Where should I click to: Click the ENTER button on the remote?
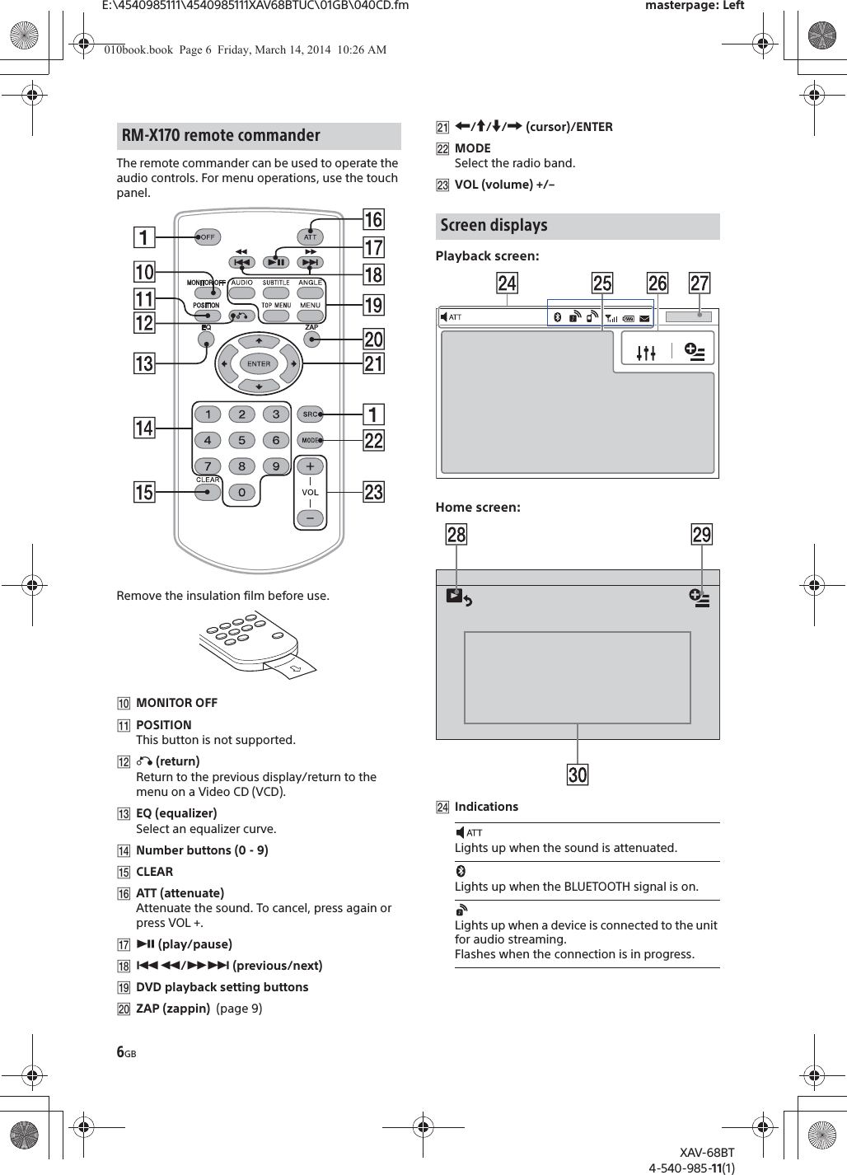tap(259, 363)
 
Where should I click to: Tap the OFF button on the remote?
tap(206, 237)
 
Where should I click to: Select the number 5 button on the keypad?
tap(241, 440)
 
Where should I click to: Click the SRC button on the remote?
tap(311, 414)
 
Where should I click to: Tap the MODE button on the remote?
tap(311, 440)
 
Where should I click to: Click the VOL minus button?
tap(310, 518)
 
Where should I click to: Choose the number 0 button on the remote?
tap(241, 493)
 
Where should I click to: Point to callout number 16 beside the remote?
tap(373, 219)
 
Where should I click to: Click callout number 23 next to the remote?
tap(373, 492)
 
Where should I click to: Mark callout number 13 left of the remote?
tap(144, 363)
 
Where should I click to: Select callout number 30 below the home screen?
tap(578, 775)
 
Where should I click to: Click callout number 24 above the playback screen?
tap(507, 283)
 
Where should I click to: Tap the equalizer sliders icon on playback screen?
tap(646, 353)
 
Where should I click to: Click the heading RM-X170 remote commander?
tap(221, 136)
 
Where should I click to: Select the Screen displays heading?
tap(494, 226)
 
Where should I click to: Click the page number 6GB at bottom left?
tap(126, 1052)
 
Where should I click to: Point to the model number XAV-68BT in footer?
tap(706, 1153)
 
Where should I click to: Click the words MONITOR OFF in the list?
tap(176, 703)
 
